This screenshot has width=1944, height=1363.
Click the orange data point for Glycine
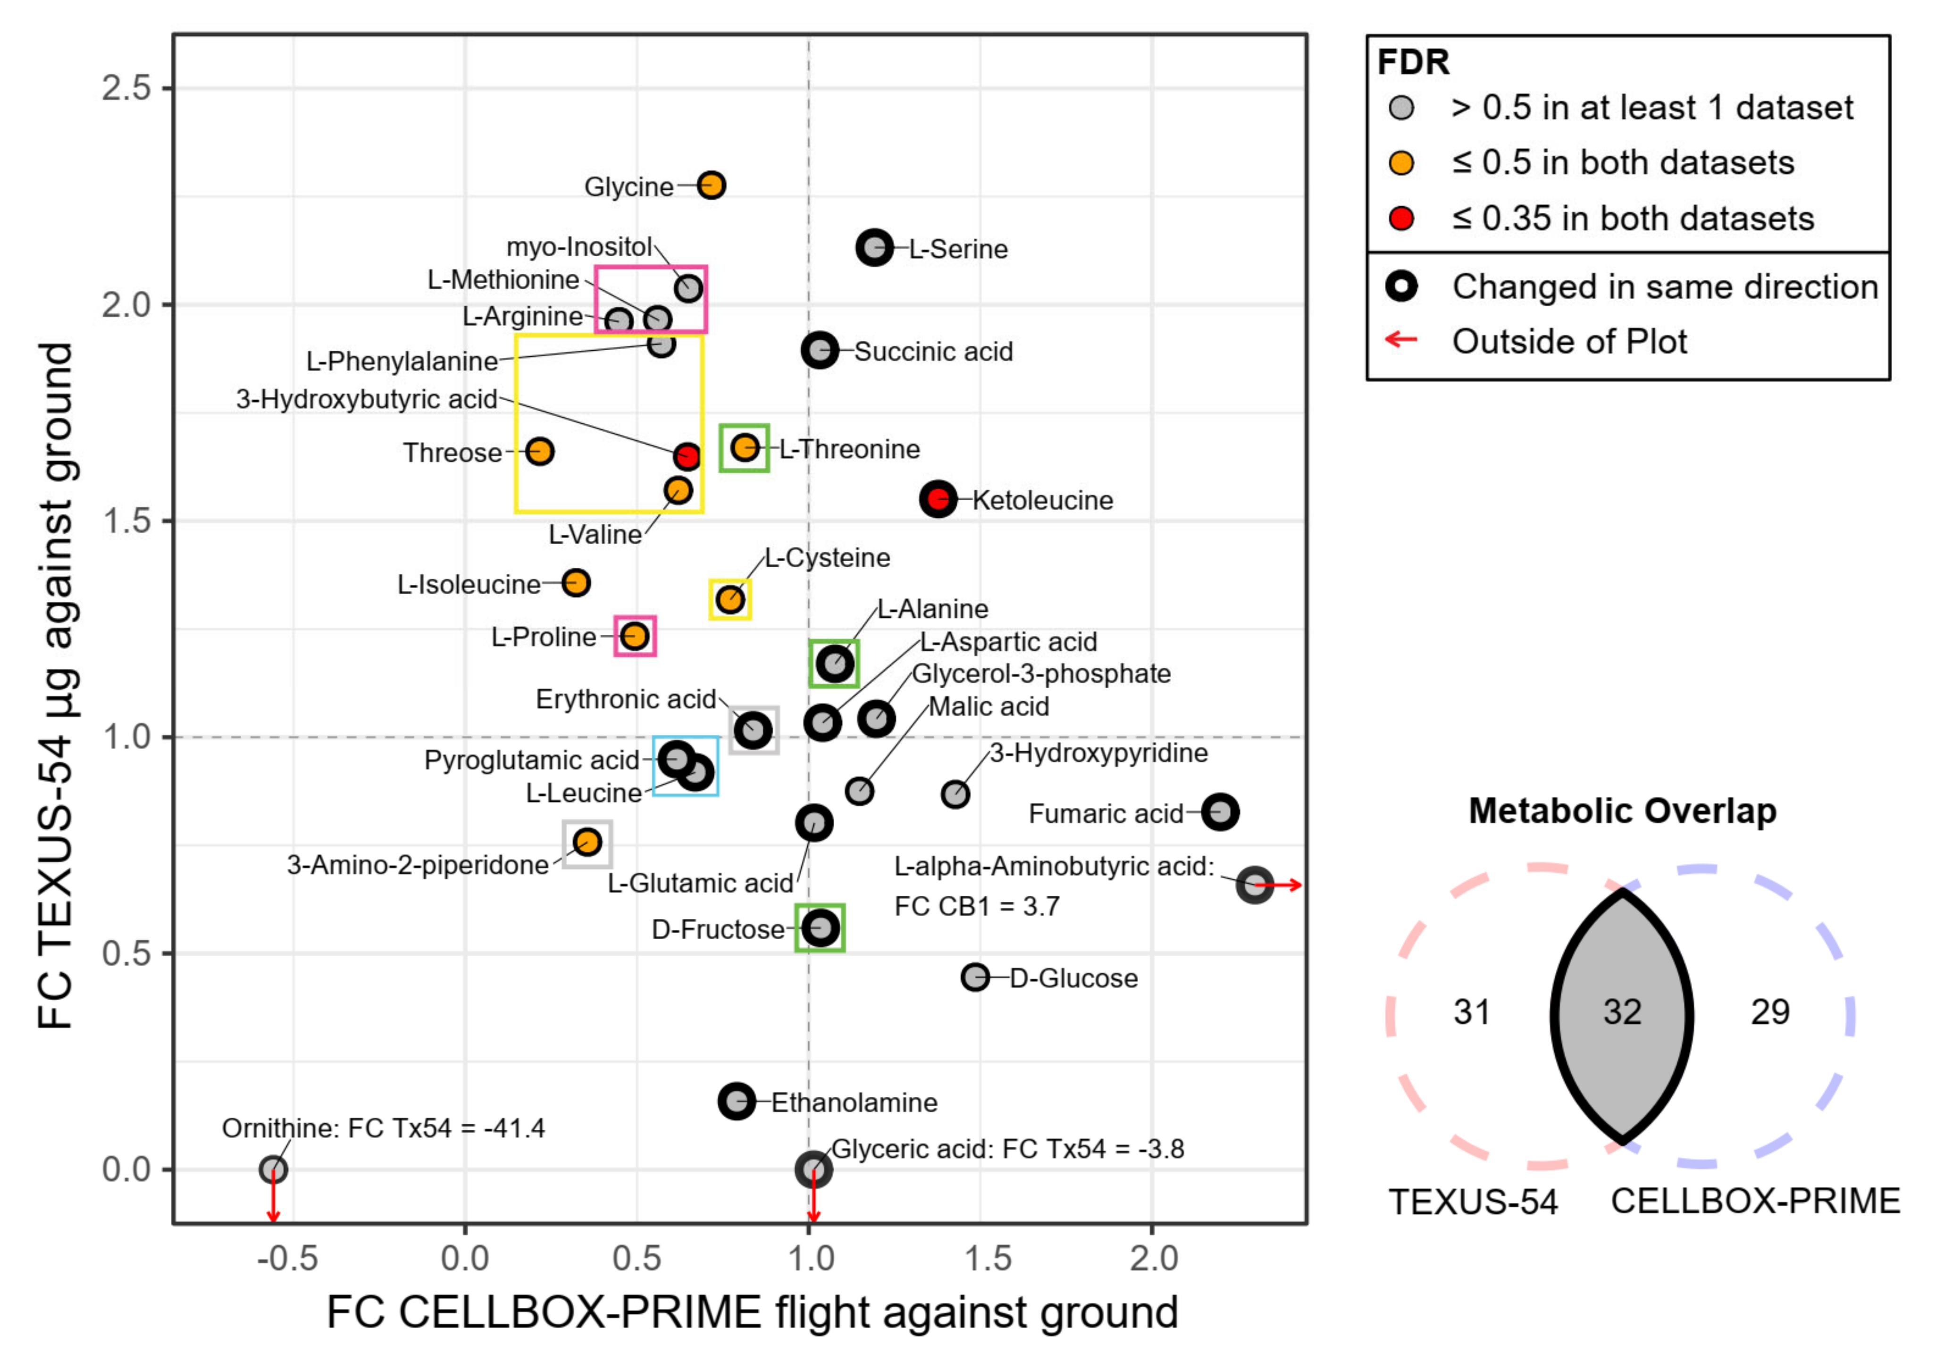[711, 185]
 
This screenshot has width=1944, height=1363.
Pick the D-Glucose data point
[975, 977]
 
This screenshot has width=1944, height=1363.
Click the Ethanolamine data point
[737, 1101]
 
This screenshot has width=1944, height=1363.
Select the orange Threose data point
[539, 451]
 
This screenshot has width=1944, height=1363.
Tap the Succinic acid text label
[933, 352]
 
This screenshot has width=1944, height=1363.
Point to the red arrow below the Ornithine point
[273, 1199]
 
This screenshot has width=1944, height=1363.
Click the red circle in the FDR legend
[1401, 219]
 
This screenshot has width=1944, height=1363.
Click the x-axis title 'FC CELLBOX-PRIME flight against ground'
[752, 1312]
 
